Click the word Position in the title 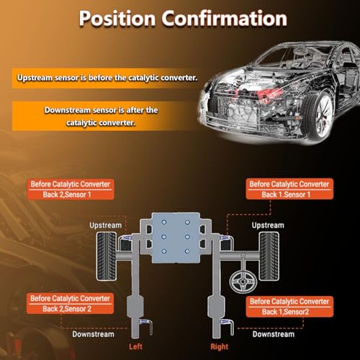point(117,19)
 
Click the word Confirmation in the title point(225,18)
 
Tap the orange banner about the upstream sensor point(106,78)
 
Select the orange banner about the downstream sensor point(101,116)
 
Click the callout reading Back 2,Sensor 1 point(71,189)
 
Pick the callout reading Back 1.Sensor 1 point(289,189)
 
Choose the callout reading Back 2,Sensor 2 point(70,303)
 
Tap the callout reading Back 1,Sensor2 point(289,307)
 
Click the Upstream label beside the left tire point(106,225)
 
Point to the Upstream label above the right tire point(268,225)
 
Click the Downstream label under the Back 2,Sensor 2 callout point(94,334)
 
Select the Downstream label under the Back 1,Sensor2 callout point(274,334)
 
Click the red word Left point(135,346)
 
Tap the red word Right point(220,346)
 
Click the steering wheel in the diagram point(243,281)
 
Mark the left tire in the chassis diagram point(107,256)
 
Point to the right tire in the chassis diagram point(269,256)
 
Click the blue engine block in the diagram point(176,238)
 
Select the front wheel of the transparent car point(319,114)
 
